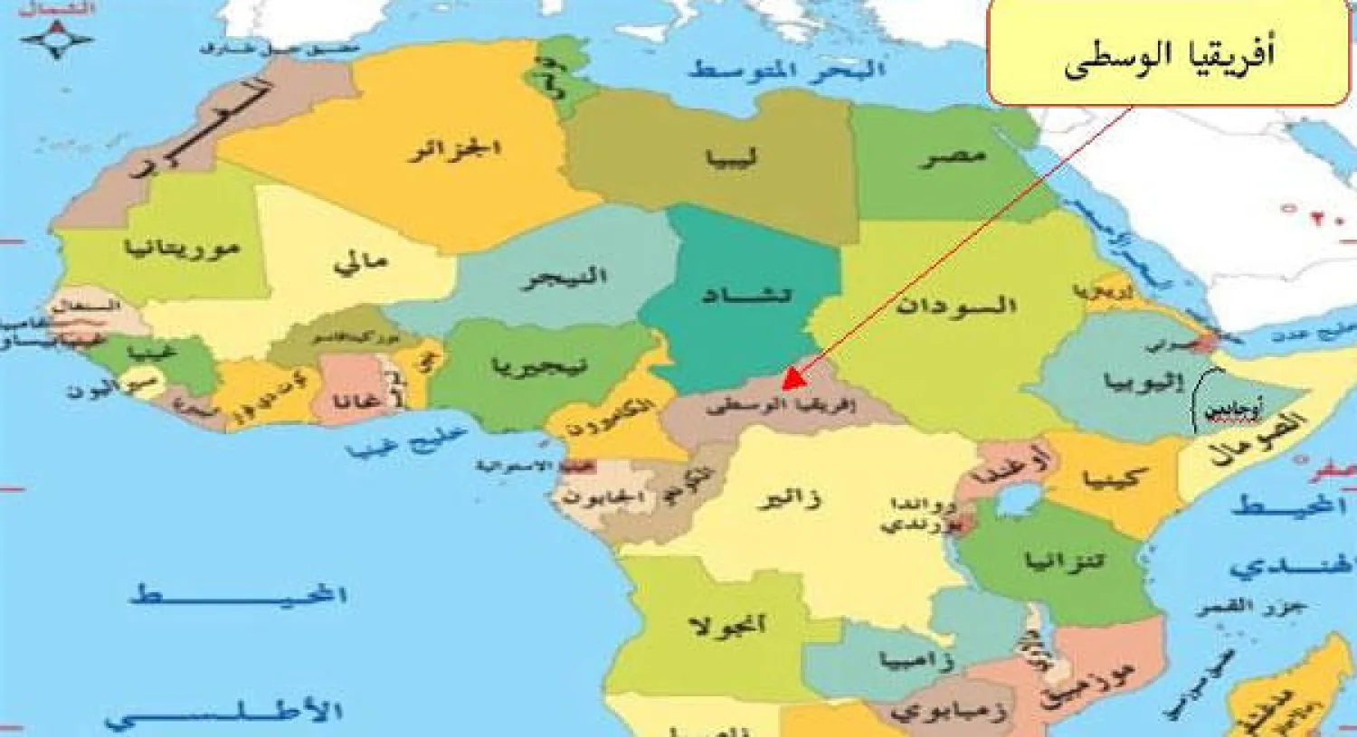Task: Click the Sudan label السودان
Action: click(955, 306)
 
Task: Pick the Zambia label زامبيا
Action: click(915, 660)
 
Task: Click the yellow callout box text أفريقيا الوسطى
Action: click(1169, 56)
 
